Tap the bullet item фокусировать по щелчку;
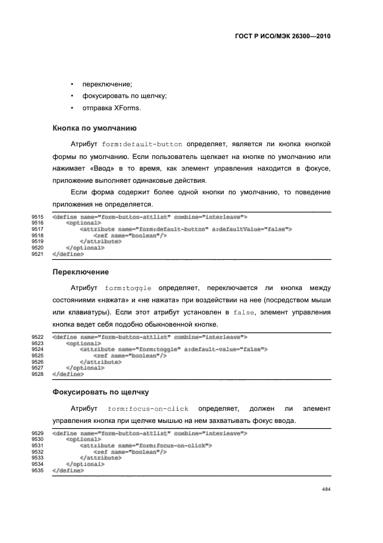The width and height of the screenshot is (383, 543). point(124,96)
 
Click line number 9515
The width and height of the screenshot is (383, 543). point(38,216)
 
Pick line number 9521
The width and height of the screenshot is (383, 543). point(38,254)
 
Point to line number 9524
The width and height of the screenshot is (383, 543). point(38,349)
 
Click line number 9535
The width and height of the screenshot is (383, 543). point(38,470)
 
